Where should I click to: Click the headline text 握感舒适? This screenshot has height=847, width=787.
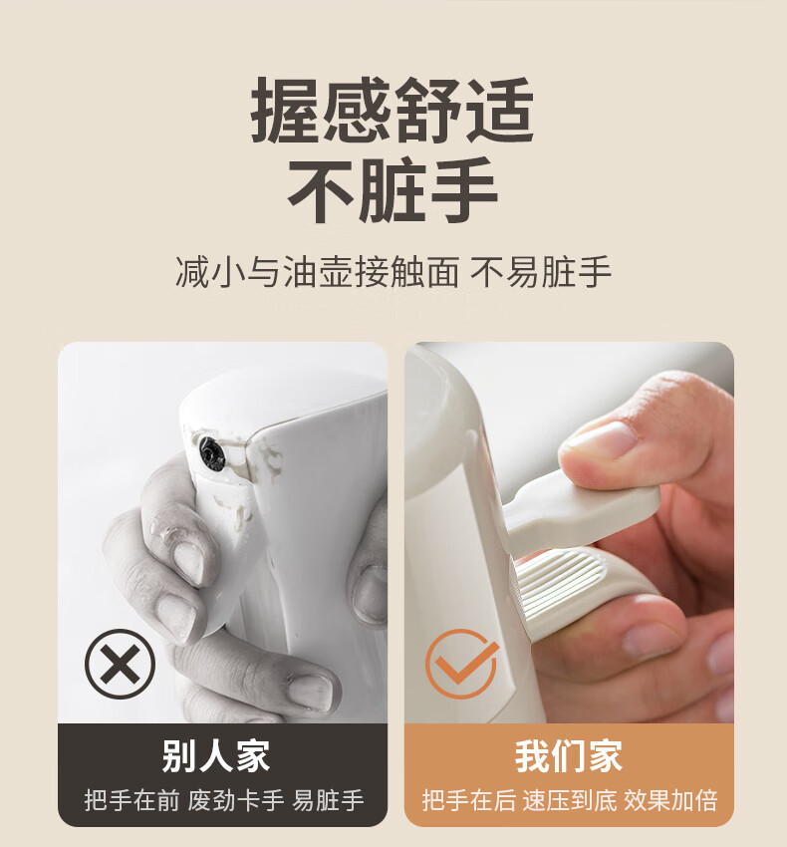pos(393,111)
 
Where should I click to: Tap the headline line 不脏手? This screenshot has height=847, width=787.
pos(393,190)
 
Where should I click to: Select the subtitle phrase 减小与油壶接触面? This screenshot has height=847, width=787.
pos(318,272)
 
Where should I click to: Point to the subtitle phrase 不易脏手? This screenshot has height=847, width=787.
pos(541,272)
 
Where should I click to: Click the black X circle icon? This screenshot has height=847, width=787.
pos(120,664)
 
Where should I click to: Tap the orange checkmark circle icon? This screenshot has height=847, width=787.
pos(461,664)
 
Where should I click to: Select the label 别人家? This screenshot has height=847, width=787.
pos(215,756)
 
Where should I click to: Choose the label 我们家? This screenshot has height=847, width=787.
pos(569,756)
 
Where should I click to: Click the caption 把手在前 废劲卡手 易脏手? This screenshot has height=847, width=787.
pos(224,800)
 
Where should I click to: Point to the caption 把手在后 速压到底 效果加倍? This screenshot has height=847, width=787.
pos(569,800)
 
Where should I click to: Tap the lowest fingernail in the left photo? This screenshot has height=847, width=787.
pos(310,691)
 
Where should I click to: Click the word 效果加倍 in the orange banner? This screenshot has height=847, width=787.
pos(670,800)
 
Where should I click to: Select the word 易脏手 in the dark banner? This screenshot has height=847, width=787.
pos(328,800)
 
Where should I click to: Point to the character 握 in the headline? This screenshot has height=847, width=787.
pos(286,111)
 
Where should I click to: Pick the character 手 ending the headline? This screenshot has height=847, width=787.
pos(463,190)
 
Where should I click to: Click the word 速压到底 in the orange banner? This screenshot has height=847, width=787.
pos(569,800)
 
